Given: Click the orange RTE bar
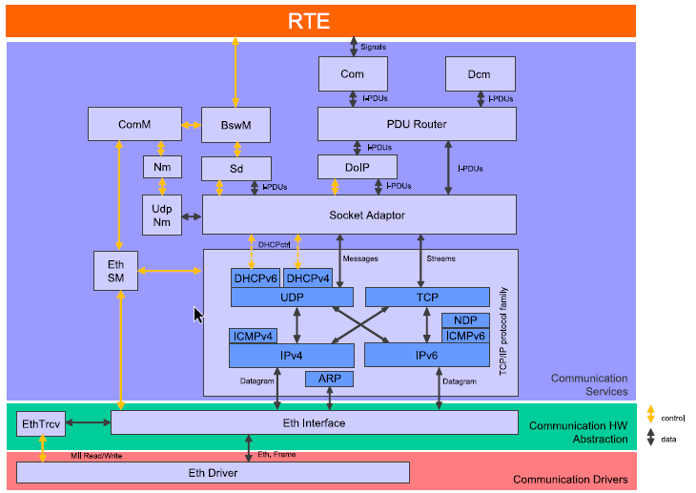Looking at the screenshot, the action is (x=320, y=21).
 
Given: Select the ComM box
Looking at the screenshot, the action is (x=134, y=124).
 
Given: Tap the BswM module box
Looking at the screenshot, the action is (x=235, y=125).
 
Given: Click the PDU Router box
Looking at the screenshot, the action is (x=417, y=124).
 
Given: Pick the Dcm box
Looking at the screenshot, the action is (x=481, y=73).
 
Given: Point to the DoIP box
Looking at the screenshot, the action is (x=358, y=167).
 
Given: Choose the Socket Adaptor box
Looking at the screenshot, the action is (x=359, y=215).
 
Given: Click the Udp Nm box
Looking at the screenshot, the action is (x=162, y=215).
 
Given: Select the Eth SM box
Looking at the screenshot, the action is (x=116, y=271).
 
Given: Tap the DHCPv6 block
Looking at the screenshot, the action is (x=256, y=278).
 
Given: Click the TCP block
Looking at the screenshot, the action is (x=427, y=298).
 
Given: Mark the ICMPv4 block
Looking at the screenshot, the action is (x=253, y=337).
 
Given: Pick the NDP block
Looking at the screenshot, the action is (x=465, y=320).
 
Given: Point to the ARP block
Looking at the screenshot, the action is (x=329, y=379).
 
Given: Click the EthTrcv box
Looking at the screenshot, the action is (x=41, y=423).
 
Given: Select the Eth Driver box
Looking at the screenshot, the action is (x=213, y=473).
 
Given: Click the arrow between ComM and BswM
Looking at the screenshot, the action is (x=192, y=125).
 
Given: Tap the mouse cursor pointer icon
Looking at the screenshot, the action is (x=198, y=316).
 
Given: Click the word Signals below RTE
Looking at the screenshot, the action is (x=373, y=47).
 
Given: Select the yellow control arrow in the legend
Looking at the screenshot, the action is (x=651, y=414).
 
